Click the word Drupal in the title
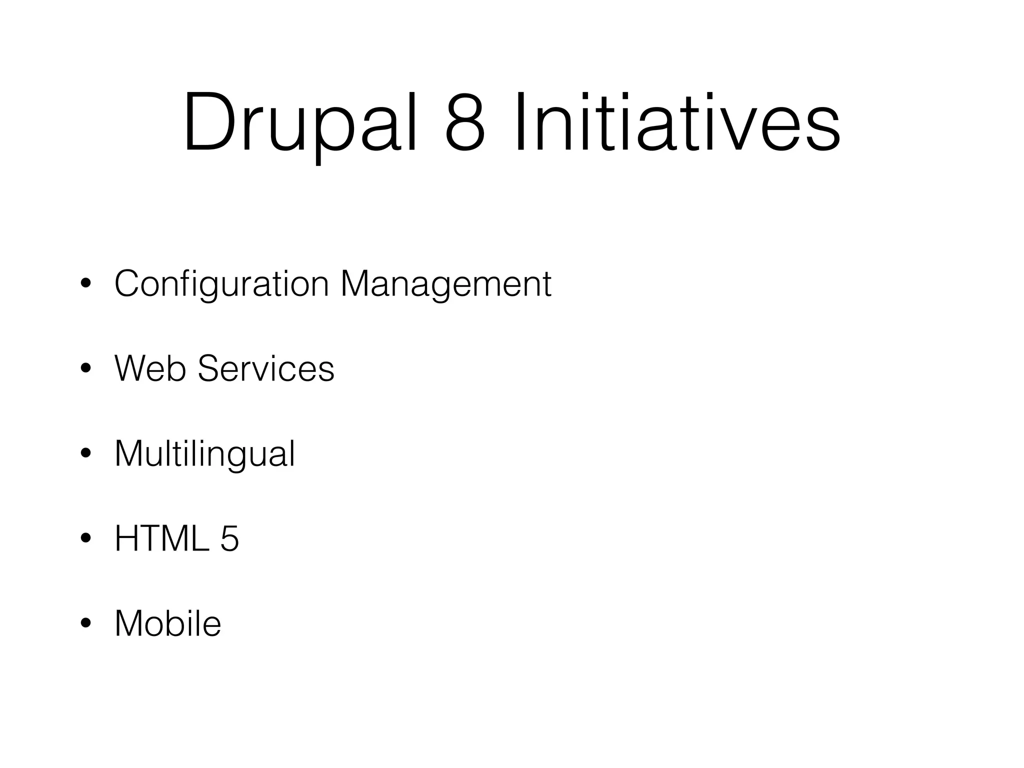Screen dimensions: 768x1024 tap(299, 123)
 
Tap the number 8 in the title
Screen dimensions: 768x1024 tap(465, 123)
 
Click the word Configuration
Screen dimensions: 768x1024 tap(221, 284)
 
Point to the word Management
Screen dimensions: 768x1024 tap(445, 284)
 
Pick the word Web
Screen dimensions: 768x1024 tap(150, 369)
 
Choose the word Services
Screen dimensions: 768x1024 tap(266, 369)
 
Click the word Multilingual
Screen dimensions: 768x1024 tap(205, 454)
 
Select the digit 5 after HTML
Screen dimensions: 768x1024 tap(229, 539)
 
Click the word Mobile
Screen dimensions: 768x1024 tap(168, 623)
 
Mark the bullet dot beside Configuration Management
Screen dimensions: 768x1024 tap(85, 284)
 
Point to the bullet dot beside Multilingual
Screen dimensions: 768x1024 tap(85, 454)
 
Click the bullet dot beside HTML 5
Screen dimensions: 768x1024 tap(85, 539)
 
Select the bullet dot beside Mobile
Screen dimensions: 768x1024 tap(85, 624)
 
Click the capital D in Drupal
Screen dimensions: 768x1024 tap(209, 123)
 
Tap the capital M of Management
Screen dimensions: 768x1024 tap(356, 284)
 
